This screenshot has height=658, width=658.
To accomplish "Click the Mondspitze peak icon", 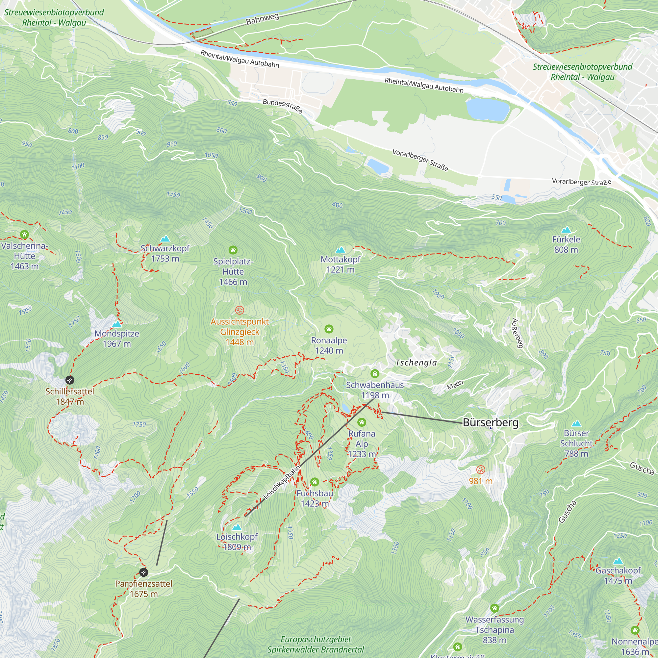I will click(117, 324).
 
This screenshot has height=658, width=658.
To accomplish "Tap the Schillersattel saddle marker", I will click(69, 380).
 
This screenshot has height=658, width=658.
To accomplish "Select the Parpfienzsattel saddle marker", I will click(144, 572).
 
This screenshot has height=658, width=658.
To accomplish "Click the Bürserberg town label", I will click(491, 423).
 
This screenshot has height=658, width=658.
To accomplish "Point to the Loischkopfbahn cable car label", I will click(282, 483).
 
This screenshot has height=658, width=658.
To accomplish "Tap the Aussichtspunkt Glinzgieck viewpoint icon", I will click(240, 310).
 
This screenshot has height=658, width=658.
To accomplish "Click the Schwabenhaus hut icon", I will click(375, 374).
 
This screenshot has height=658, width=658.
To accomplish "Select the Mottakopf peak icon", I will click(340, 250).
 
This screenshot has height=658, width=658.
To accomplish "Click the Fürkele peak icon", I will click(566, 230).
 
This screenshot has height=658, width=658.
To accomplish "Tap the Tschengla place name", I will click(416, 363).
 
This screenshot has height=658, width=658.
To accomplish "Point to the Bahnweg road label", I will click(262, 19).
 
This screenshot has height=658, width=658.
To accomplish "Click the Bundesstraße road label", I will click(282, 106).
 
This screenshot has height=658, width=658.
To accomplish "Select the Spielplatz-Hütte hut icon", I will click(233, 250).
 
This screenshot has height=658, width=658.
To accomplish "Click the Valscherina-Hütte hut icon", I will click(24, 234).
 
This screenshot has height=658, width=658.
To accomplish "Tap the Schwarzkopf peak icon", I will click(165, 239).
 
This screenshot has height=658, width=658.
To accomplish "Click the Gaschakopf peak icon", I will click(618, 561).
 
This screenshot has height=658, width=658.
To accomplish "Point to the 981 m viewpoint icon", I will click(481, 470).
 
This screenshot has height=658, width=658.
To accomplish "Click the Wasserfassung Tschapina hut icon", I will click(494, 608).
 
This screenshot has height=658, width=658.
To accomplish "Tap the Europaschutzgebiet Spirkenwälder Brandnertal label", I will click(316, 645).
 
